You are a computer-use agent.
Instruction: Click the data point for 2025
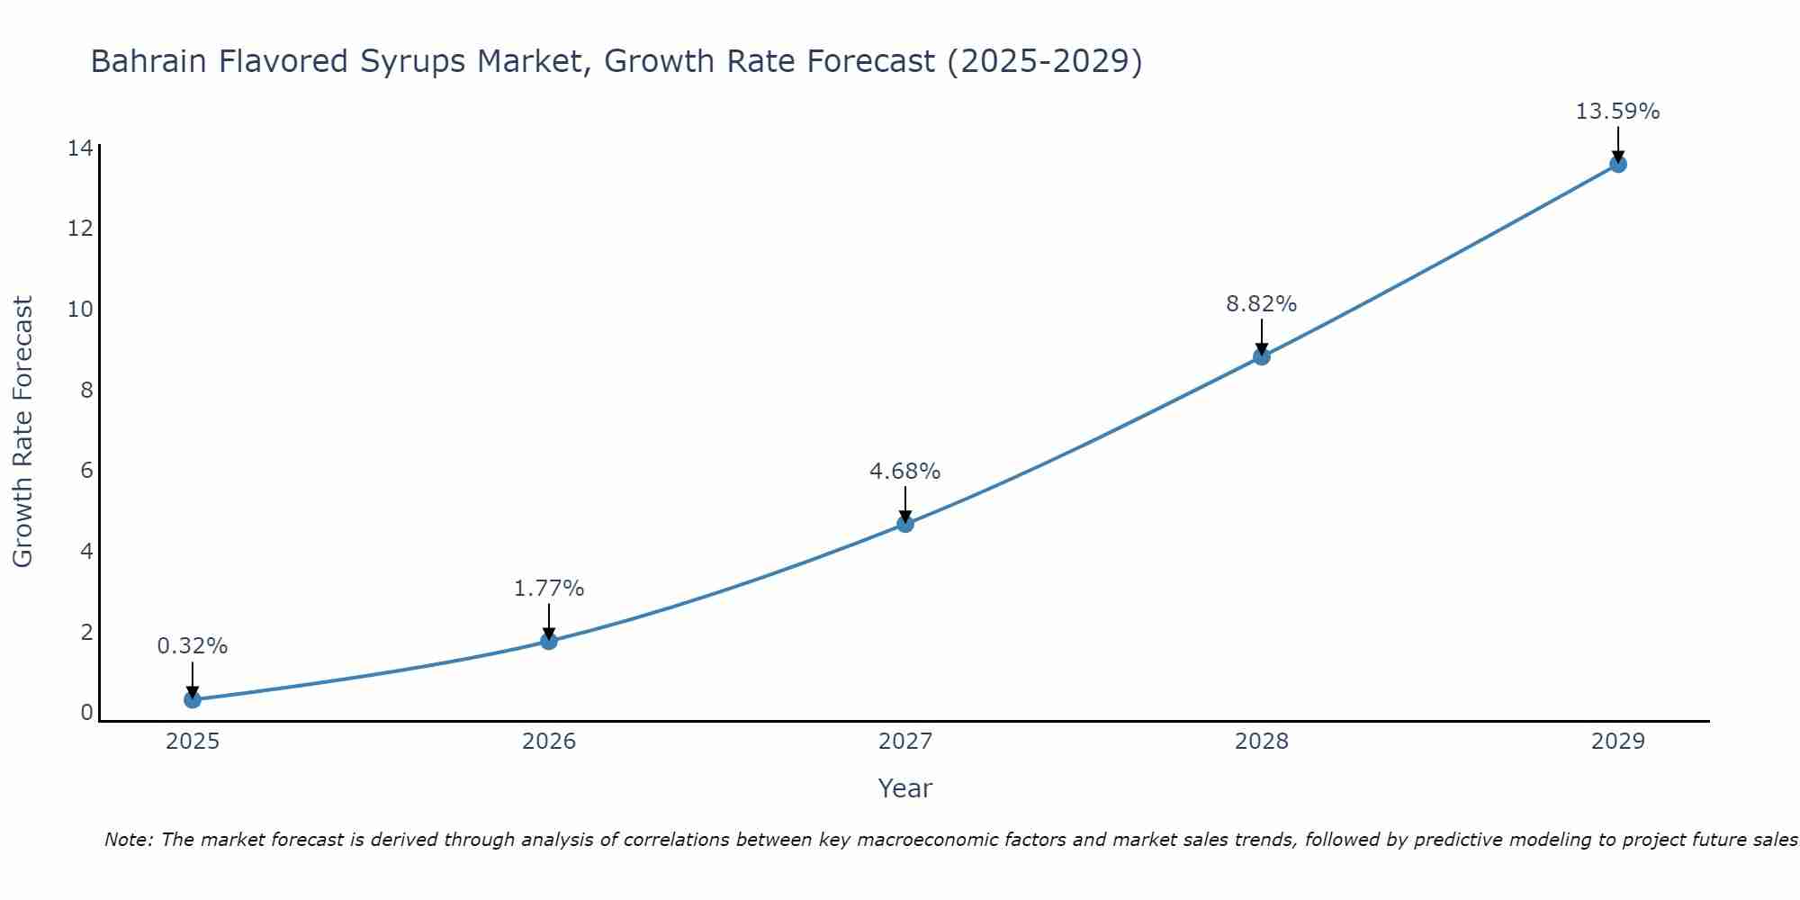[x=193, y=699]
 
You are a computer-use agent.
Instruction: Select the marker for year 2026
[x=549, y=641]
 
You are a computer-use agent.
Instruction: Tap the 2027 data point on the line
[x=905, y=524]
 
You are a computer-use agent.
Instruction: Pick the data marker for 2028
[x=1262, y=356]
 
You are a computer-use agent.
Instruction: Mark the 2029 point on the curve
[x=1618, y=164]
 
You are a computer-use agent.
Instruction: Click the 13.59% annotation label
[x=1617, y=112]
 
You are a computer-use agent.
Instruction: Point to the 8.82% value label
[x=1261, y=304]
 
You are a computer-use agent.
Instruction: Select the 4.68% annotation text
[x=904, y=472]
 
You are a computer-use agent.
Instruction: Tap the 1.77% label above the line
[x=549, y=589]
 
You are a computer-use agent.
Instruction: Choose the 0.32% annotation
[x=193, y=646]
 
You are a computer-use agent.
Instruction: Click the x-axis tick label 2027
[x=905, y=742]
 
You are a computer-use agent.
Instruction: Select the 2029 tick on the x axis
[x=1618, y=742]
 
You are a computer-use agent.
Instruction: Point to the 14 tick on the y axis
[x=80, y=148]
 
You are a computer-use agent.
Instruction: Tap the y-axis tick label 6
[x=86, y=471]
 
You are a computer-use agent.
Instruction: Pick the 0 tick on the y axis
[x=86, y=713]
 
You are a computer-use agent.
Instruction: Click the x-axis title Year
[x=904, y=788]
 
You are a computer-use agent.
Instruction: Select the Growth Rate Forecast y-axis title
[x=23, y=432]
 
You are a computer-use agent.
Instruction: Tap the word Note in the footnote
[x=129, y=840]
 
